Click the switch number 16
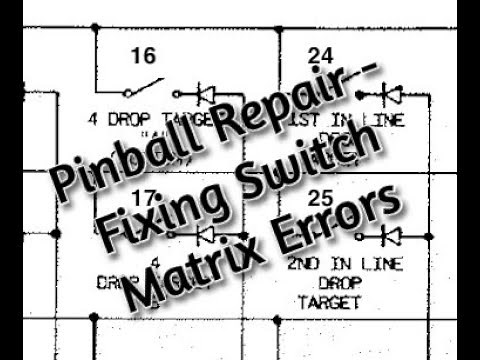(x=142, y=56)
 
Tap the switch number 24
(x=321, y=56)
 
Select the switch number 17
(x=142, y=198)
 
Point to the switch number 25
(x=321, y=198)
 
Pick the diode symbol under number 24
(x=392, y=95)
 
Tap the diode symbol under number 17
(x=208, y=236)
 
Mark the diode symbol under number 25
(x=392, y=236)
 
